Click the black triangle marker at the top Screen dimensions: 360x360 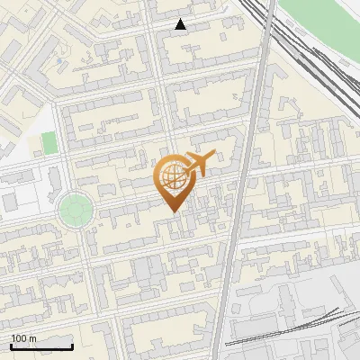[x=181, y=24]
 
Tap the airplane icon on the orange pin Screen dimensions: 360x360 [x=197, y=163]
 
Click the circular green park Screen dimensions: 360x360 [x=75, y=211]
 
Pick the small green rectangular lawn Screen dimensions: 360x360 [x=49, y=142]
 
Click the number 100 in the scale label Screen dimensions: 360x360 [x=19, y=339]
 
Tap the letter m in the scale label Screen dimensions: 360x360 [x=32, y=339]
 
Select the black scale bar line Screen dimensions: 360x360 [x=41, y=346]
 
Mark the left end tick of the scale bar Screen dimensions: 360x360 [x=11, y=345]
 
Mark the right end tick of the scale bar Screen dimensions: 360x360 [x=72, y=345]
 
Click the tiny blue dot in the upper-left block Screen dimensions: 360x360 [x=60, y=61]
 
